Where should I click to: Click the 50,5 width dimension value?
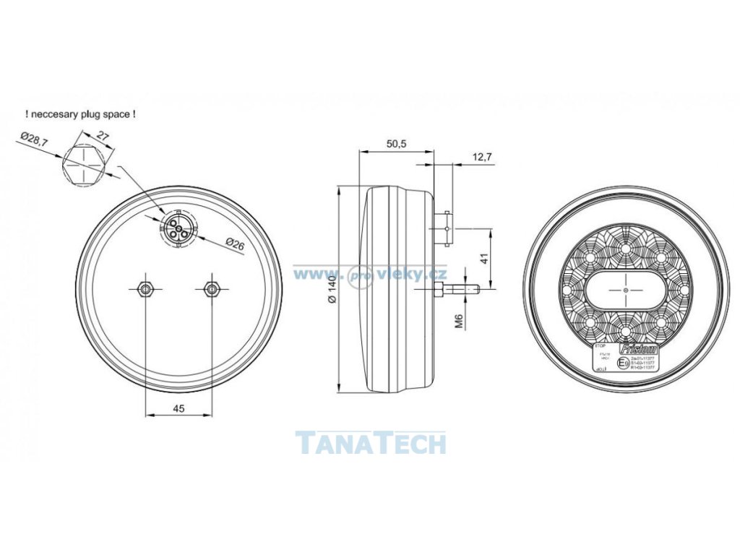pyautogui.click(x=396, y=144)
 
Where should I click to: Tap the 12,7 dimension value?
pyautogui.click(x=482, y=157)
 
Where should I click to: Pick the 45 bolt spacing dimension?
pyautogui.click(x=178, y=408)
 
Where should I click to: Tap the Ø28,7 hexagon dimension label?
pyautogui.click(x=34, y=139)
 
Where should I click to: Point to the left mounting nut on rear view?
pyautogui.click(x=145, y=288)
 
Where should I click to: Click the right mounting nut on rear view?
pyautogui.click(x=211, y=288)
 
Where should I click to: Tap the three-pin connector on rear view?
pyautogui.click(x=177, y=228)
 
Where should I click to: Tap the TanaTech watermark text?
pyautogui.click(x=371, y=442)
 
